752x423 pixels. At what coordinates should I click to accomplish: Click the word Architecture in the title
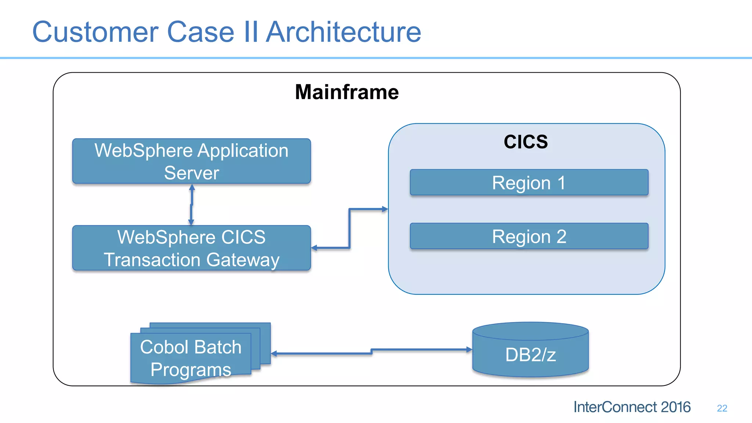pos(343,32)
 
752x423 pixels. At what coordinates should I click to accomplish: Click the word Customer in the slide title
pos(95,32)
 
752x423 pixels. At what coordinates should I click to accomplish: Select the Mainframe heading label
pos(347,92)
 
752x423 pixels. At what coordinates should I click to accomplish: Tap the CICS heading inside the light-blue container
pos(525,142)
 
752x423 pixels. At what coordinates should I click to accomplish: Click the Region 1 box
pos(529,182)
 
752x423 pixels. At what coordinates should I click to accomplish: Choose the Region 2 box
pos(529,236)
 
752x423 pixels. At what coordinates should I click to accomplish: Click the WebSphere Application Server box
pos(191,161)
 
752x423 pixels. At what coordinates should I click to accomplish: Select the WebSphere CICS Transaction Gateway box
pos(191,248)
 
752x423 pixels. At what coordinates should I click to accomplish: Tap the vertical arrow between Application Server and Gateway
pos(191,205)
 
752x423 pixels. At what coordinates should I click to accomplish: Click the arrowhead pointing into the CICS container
pos(385,209)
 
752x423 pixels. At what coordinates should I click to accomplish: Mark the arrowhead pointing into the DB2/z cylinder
pos(469,350)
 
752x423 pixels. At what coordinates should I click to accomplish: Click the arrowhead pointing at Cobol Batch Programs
pos(274,354)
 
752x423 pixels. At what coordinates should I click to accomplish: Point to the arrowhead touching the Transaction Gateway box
pos(314,248)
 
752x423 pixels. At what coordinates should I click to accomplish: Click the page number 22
pos(722,408)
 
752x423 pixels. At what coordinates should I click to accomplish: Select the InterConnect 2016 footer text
pos(632,407)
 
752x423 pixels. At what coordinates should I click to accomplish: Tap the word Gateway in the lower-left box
pos(243,260)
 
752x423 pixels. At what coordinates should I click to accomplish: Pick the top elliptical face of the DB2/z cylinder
pos(530,331)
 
